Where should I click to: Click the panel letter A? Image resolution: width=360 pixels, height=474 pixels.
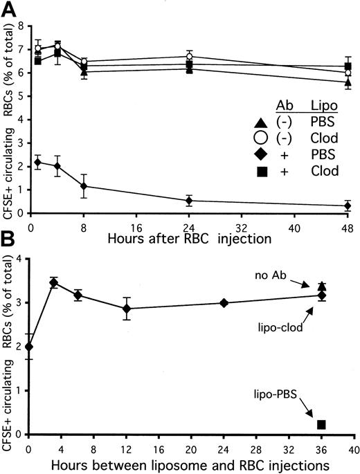pyautogui.click(x=8, y=8)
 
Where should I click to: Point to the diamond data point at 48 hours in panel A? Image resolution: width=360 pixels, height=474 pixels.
pyautogui.click(x=348, y=206)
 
